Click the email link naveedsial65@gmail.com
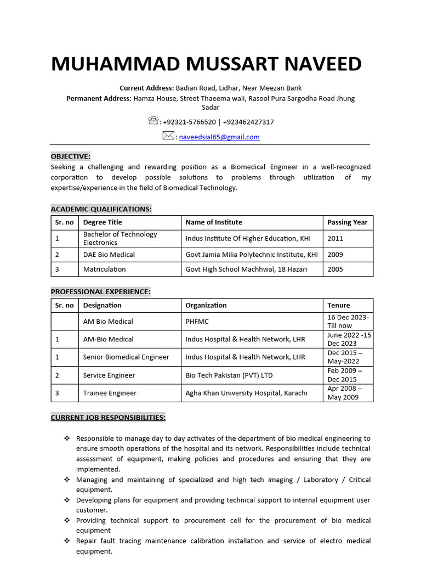click(x=219, y=137)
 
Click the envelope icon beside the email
click(x=168, y=136)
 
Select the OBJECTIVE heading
click(x=71, y=156)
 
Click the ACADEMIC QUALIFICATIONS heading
click(x=101, y=209)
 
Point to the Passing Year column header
click(x=347, y=222)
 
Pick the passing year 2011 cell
click(x=335, y=239)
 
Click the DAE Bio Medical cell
click(x=109, y=255)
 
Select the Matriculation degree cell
click(x=104, y=269)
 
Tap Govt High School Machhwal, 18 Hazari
click(x=246, y=269)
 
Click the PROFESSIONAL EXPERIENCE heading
click(x=100, y=291)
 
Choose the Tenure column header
click(x=338, y=305)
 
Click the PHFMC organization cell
click(x=197, y=322)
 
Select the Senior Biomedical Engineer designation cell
click(x=126, y=357)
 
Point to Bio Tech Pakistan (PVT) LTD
click(x=229, y=375)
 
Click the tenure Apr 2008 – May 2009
click(x=344, y=393)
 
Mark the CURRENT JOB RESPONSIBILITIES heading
click(x=108, y=418)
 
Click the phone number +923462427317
click(x=248, y=122)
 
